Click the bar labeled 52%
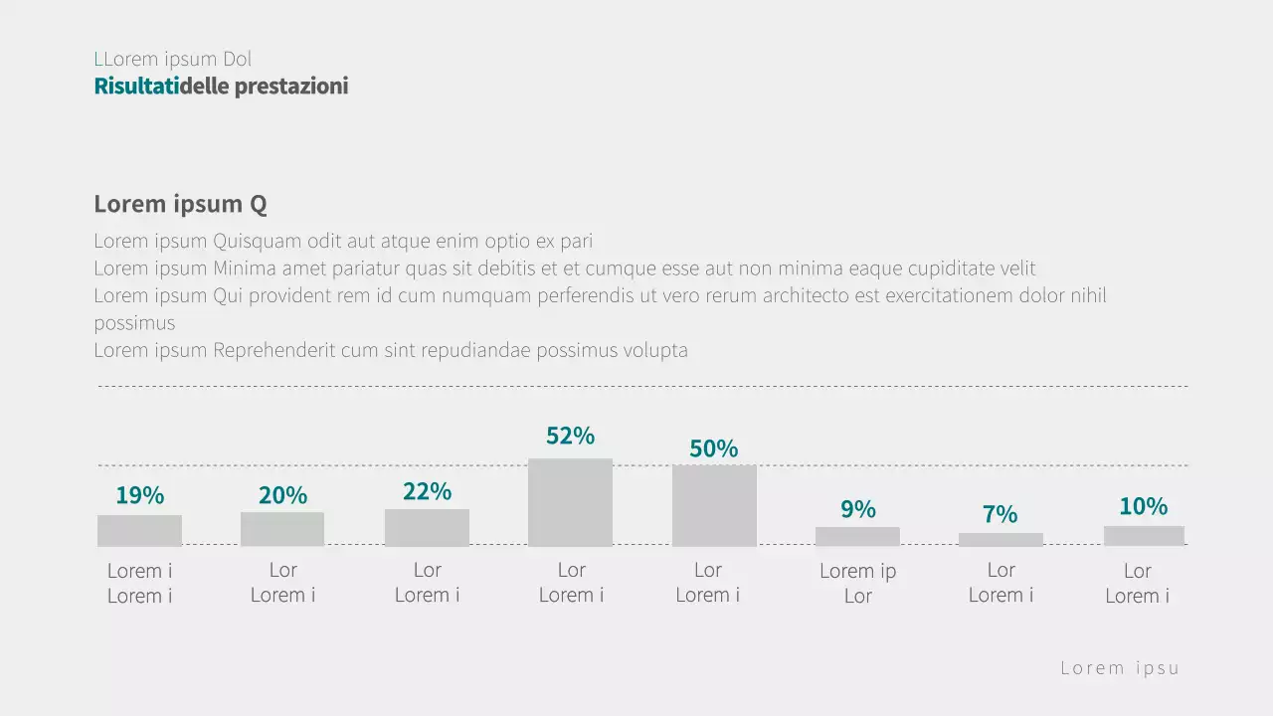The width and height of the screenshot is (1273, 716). pyautogui.click(x=570, y=502)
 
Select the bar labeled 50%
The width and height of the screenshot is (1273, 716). pyautogui.click(x=714, y=505)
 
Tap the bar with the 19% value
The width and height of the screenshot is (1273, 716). pyautogui.click(x=139, y=530)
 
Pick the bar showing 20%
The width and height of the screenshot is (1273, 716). pyautogui.click(x=282, y=529)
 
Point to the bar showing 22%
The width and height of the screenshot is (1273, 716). pyautogui.click(x=427, y=527)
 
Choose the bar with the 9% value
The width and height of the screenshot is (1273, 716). pyautogui.click(x=857, y=536)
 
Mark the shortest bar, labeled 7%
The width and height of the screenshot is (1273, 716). pyautogui.click(x=1000, y=539)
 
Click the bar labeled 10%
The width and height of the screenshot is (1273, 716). pyautogui.click(x=1144, y=535)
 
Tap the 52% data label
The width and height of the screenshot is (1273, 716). pyautogui.click(x=570, y=436)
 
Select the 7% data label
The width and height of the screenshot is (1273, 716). pyautogui.click(x=1000, y=514)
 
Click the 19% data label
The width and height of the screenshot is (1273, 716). pyautogui.click(x=139, y=495)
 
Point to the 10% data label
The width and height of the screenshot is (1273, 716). pyautogui.click(x=1143, y=506)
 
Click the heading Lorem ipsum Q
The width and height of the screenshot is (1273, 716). pyautogui.click(x=180, y=204)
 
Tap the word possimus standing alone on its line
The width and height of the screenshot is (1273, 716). pyautogui.click(x=134, y=323)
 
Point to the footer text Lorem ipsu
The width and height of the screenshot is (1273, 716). pyautogui.click(x=1120, y=667)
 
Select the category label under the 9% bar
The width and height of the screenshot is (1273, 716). pyautogui.click(x=857, y=583)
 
